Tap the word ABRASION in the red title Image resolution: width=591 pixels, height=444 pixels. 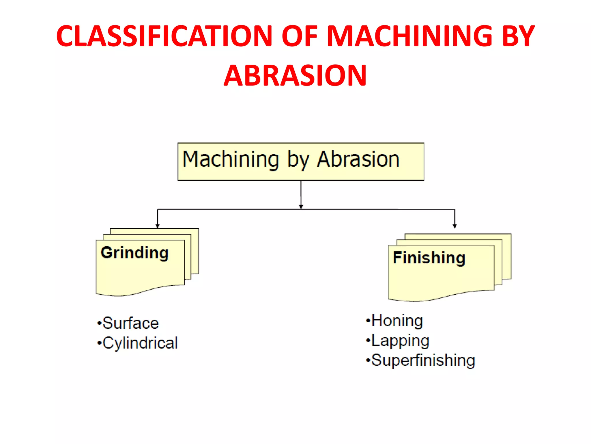click(x=295, y=76)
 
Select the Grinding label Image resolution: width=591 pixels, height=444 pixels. click(x=134, y=253)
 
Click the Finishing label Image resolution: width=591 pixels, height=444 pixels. click(x=429, y=258)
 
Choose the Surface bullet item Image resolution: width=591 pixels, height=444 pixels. click(x=130, y=323)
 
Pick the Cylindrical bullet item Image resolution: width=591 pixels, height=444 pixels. click(x=140, y=343)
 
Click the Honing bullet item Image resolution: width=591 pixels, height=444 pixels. click(x=397, y=321)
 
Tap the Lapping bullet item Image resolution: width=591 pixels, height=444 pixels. click(x=400, y=341)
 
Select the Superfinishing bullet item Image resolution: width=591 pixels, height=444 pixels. click(x=423, y=360)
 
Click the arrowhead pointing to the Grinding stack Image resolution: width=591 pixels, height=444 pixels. click(x=158, y=226)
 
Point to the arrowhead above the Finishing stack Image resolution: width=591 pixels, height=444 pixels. click(x=455, y=226)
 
